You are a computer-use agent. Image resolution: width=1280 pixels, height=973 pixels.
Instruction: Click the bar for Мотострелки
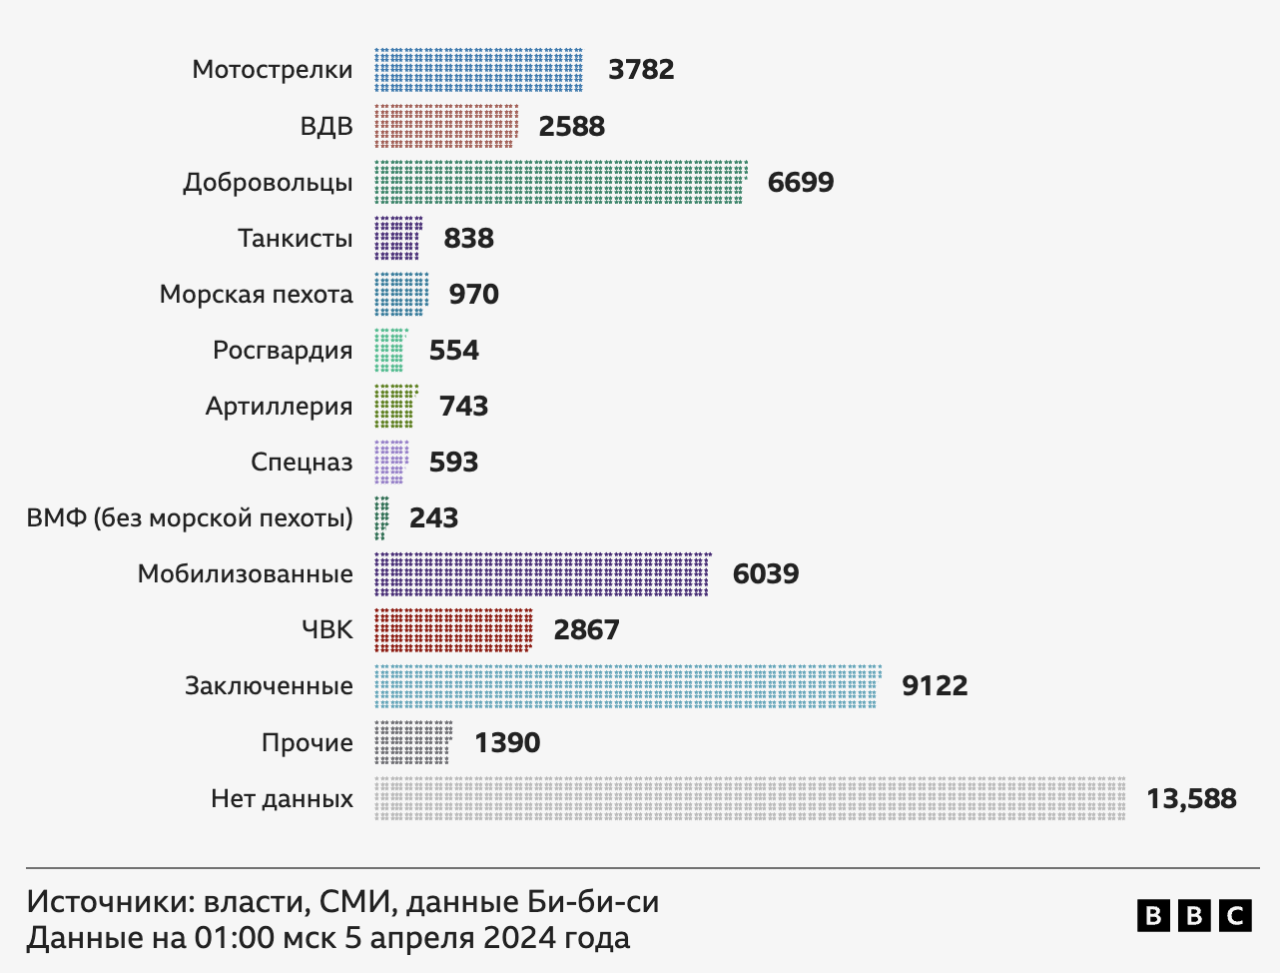click(x=478, y=70)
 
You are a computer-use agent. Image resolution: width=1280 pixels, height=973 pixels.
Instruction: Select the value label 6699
click(x=801, y=182)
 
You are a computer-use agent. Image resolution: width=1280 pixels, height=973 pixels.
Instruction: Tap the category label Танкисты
click(x=295, y=238)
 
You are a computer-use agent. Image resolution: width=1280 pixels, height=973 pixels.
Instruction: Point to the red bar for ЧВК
click(x=453, y=629)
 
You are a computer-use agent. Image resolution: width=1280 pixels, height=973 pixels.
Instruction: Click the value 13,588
click(x=1191, y=798)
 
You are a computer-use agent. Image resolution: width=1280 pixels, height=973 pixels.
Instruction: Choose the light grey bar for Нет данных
click(x=750, y=798)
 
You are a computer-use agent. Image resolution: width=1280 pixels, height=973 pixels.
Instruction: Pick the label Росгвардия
click(x=283, y=350)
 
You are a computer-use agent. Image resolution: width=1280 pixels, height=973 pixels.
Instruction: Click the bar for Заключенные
click(x=627, y=685)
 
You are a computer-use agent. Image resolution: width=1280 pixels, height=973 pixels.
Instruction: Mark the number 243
click(x=433, y=517)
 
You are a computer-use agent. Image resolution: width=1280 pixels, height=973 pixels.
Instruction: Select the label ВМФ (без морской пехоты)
click(x=190, y=517)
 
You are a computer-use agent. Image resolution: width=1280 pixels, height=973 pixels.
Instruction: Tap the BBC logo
click(x=1193, y=915)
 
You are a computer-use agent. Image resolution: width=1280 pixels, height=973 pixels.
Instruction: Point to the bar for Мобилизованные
click(x=542, y=573)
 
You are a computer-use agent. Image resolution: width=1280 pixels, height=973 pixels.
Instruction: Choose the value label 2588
click(x=572, y=126)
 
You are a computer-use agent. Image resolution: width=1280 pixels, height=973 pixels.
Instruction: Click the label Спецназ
click(x=302, y=462)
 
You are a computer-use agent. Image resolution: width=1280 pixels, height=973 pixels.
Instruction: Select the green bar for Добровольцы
click(x=560, y=182)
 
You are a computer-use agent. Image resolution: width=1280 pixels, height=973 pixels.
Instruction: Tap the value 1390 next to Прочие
click(x=507, y=742)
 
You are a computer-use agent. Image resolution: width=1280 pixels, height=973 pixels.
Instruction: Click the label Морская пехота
click(x=257, y=294)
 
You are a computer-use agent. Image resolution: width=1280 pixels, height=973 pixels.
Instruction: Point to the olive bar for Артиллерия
click(x=394, y=406)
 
